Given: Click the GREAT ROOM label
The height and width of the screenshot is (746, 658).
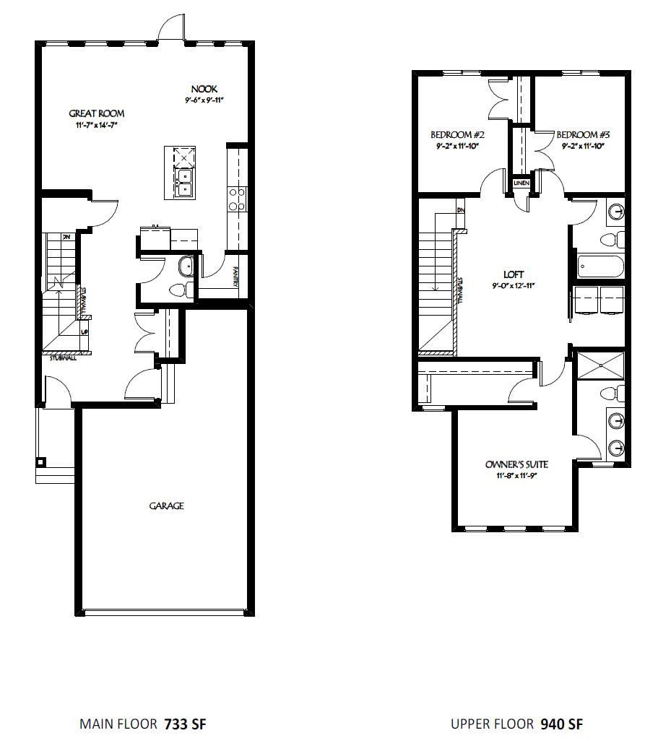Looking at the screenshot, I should pyautogui.click(x=96, y=113).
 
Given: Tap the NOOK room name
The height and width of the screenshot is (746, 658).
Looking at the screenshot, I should pyautogui.click(x=204, y=89).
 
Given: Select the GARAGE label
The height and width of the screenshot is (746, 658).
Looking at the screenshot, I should pyautogui.click(x=166, y=506).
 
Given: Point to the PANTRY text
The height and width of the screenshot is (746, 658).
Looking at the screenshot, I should pyautogui.click(x=236, y=276).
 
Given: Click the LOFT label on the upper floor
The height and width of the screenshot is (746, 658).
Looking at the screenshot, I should pyautogui.click(x=514, y=274).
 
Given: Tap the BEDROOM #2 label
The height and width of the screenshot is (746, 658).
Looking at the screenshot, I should pyautogui.click(x=457, y=135).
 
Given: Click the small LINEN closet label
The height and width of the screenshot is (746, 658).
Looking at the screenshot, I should pyautogui.click(x=521, y=184).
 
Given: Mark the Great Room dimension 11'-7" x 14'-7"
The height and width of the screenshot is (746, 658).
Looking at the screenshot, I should pyautogui.click(x=96, y=126).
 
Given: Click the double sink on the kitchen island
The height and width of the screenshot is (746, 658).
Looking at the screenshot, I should pyautogui.click(x=183, y=182).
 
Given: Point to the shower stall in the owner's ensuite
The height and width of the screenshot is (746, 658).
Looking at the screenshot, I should pyautogui.click(x=600, y=366).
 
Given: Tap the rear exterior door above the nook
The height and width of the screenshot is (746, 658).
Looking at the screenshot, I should pyautogui.click(x=171, y=28).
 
